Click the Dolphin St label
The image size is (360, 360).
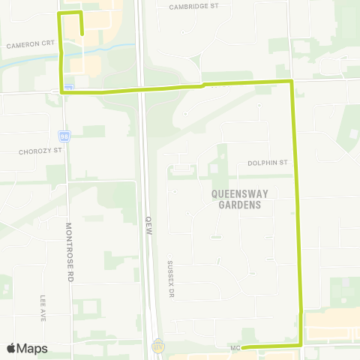coord(268,162)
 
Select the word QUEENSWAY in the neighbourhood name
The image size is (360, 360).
coord(240,193)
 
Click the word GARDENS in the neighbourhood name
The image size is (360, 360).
coord(240,204)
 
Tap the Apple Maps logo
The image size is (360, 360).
coord(26,348)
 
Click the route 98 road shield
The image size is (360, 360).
coord(64,136)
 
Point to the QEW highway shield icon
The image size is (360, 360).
coord(157,346)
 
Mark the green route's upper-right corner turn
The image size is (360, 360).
coord(291,80)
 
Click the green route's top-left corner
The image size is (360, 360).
coord(60,13)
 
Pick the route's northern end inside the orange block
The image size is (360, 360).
coord(81,33)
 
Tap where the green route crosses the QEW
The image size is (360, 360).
coord(142,89)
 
